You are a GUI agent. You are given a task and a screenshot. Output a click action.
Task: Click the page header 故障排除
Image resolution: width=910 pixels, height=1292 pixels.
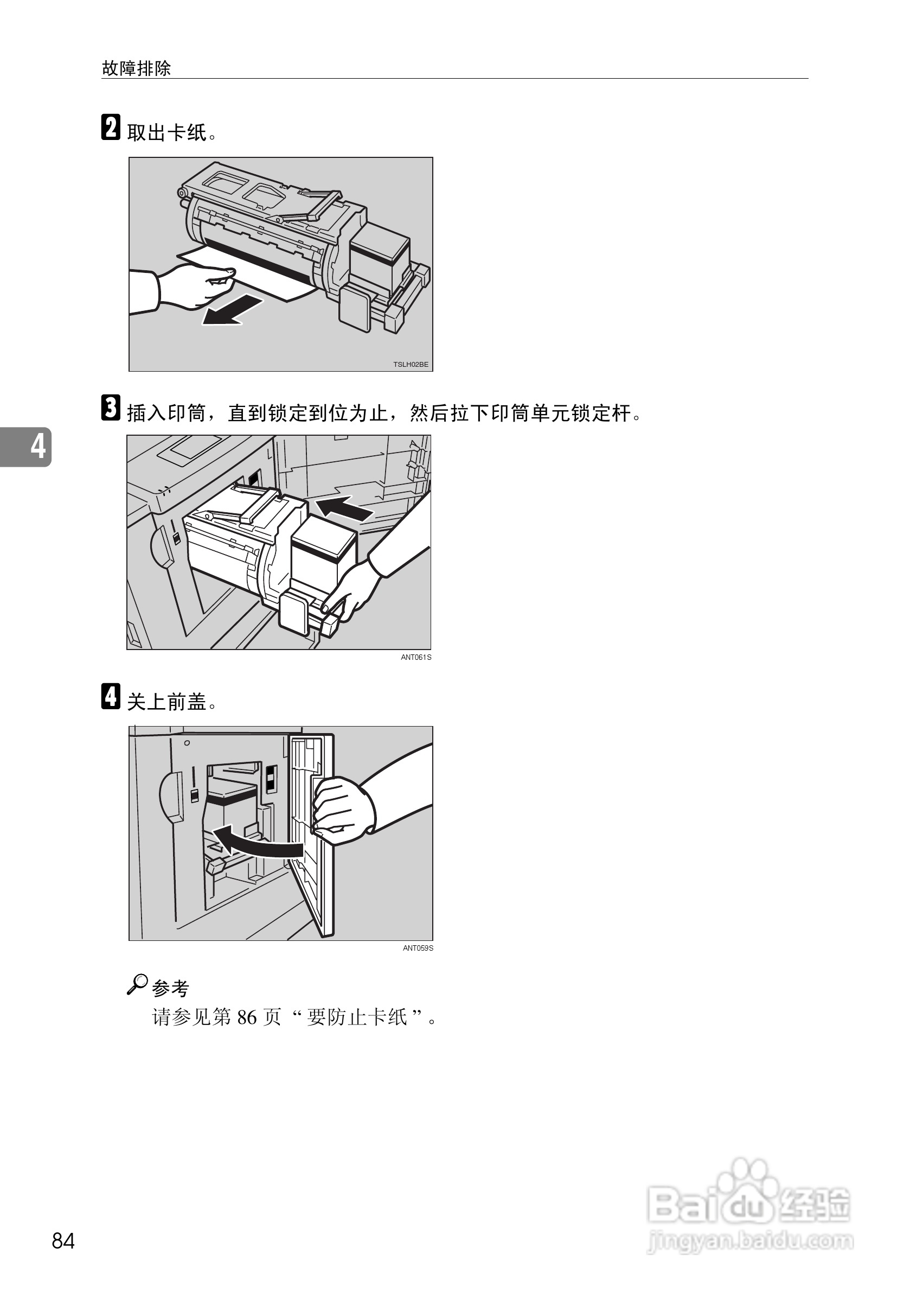pyautogui.click(x=136, y=69)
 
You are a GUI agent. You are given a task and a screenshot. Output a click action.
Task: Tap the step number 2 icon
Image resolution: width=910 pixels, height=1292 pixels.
pyautogui.click(x=111, y=128)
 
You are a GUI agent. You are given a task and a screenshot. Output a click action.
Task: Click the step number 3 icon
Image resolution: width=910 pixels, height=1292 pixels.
pyautogui.click(x=111, y=408)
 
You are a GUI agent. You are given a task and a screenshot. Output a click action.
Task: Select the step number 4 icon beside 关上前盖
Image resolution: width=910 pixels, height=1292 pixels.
pyautogui.click(x=111, y=696)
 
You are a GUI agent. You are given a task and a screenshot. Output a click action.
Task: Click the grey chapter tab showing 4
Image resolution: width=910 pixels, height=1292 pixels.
pyautogui.click(x=27, y=447)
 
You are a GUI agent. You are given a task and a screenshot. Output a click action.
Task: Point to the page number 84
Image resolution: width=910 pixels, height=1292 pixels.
pyautogui.click(x=63, y=1240)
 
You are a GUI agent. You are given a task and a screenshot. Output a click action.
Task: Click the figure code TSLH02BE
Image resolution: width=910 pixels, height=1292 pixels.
pyautogui.click(x=411, y=365)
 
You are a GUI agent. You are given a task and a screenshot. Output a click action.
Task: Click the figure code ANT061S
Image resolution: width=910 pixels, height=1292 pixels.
pyautogui.click(x=415, y=657)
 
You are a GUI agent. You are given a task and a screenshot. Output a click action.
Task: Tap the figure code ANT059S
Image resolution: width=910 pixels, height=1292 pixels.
pyautogui.click(x=418, y=948)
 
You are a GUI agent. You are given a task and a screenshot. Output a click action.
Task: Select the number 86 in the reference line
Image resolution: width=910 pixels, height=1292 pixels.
pyautogui.click(x=247, y=1017)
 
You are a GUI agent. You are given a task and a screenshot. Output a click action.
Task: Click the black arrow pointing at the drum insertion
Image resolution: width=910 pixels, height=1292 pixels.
pyautogui.click(x=344, y=508)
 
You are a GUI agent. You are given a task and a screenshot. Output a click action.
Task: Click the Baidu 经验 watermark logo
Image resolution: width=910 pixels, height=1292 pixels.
pyautogui.click(x=748, y=1200)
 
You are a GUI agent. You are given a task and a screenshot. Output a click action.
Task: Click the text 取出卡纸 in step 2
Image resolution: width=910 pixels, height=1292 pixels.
pyautogui.click(x=168, y=133)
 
